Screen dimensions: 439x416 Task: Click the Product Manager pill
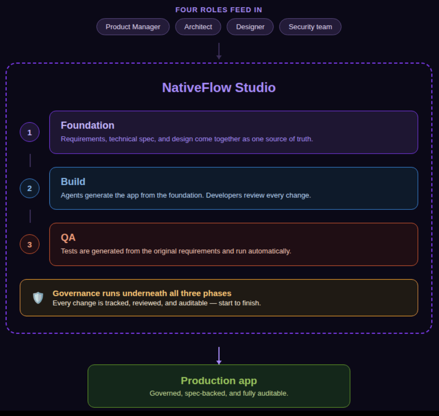(x=133, y=27)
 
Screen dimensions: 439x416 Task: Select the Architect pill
(x=198, y=27)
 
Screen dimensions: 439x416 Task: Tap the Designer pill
(x=250, y=27)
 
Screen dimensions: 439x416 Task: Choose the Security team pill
(x=310, y=27)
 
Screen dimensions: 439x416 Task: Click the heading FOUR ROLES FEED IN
(x=219, y=10)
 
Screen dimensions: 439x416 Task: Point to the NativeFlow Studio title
(x=219, y=87)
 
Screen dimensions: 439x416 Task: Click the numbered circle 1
(x=30, y=132)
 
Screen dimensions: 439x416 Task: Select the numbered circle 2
(x=30, y=188)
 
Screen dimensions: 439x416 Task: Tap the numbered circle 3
(x=30, y=244)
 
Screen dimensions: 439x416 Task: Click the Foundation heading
(x=87, y=125)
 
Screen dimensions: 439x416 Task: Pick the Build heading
(x=73, y=181)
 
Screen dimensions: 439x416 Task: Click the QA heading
(x=68, y=237)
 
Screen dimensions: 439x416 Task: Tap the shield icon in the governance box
(x=38, y=298)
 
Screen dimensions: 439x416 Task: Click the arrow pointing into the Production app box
(x=219, y=356)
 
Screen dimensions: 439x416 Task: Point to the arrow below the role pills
(x=219, y=51)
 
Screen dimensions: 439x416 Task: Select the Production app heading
(x=219, y=381)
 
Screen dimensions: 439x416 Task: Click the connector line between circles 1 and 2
(x=30, y=160)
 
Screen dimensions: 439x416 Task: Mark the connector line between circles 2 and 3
(x=30, y=216)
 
